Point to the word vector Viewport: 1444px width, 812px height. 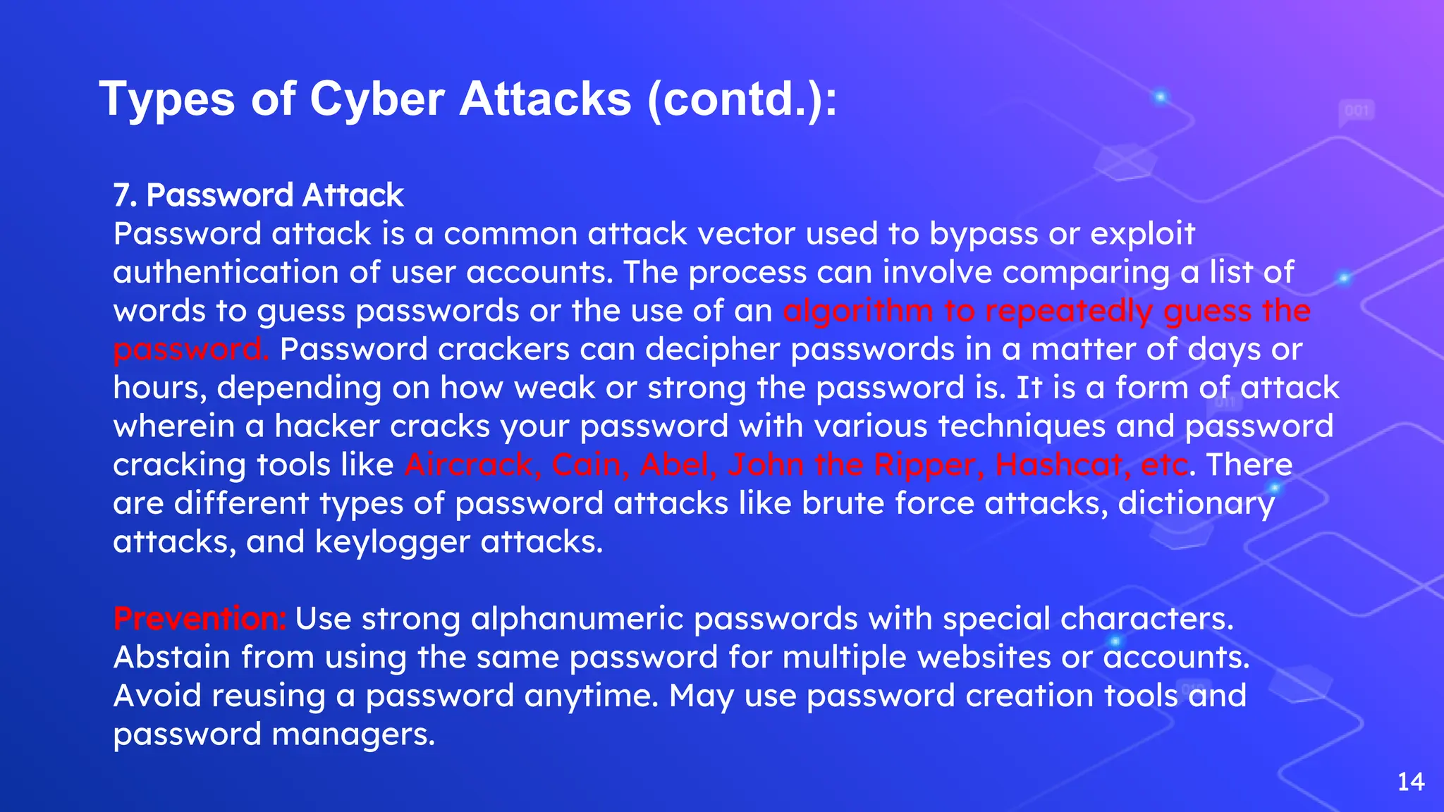[747, 234]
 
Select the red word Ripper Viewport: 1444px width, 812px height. [924, 465]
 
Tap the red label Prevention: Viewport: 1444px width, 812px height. [200, 619]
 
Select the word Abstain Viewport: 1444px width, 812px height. [172, 658]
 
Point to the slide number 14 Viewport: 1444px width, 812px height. [1410, 782]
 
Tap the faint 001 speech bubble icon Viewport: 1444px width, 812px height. [1357, 111]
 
